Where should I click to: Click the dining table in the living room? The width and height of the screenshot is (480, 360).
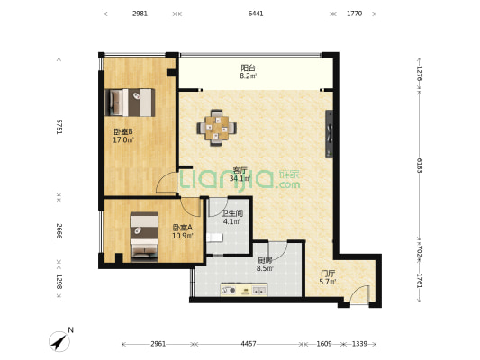pos(217,128)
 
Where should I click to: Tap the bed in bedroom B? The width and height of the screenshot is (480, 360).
pos(130,103)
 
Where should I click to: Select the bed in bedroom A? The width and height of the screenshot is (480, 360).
pos(144,237)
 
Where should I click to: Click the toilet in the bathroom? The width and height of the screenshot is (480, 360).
pos(214,238)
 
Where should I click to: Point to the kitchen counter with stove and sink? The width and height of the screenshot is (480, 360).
pos(244,290)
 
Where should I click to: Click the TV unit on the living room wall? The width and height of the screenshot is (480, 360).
pos(330,134)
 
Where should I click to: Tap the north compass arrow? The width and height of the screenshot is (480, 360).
pos(59,342)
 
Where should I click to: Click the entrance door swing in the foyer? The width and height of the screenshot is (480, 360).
pos(358,293)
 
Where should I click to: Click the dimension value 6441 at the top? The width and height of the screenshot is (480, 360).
pos(256,13)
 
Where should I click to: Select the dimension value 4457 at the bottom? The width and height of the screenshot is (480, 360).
pos(249,344)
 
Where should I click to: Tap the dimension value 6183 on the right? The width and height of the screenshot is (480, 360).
pos(420,166)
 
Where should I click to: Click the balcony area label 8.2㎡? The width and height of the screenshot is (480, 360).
pos(249,76)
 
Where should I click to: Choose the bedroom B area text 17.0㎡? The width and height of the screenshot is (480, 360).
pos(123,140)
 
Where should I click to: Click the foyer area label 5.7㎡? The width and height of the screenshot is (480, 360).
pos(328,282)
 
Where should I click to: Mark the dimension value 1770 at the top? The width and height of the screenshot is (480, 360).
pos(355,13)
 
